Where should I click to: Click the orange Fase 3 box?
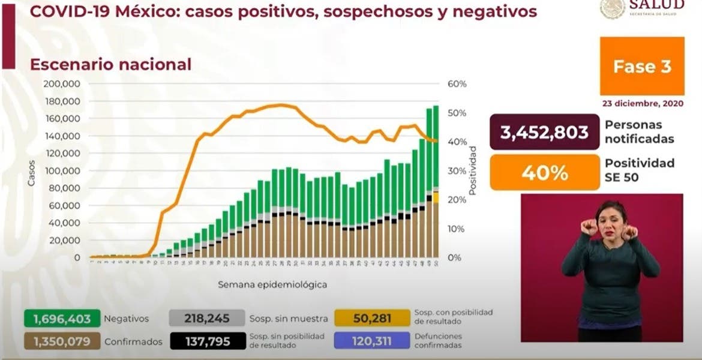(x=642, y=66)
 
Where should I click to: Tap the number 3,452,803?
(x=545, y=132)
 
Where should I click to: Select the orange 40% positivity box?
(x=545, y=173)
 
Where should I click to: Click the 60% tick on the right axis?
(x=457, y=84)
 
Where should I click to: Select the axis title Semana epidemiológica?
(x=272, y=284)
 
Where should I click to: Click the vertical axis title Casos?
(x=31, y=172)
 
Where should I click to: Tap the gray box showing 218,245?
(x=207, y=318)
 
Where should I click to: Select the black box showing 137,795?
(x=207, y=341)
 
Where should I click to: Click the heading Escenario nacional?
(x=111, y=64)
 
